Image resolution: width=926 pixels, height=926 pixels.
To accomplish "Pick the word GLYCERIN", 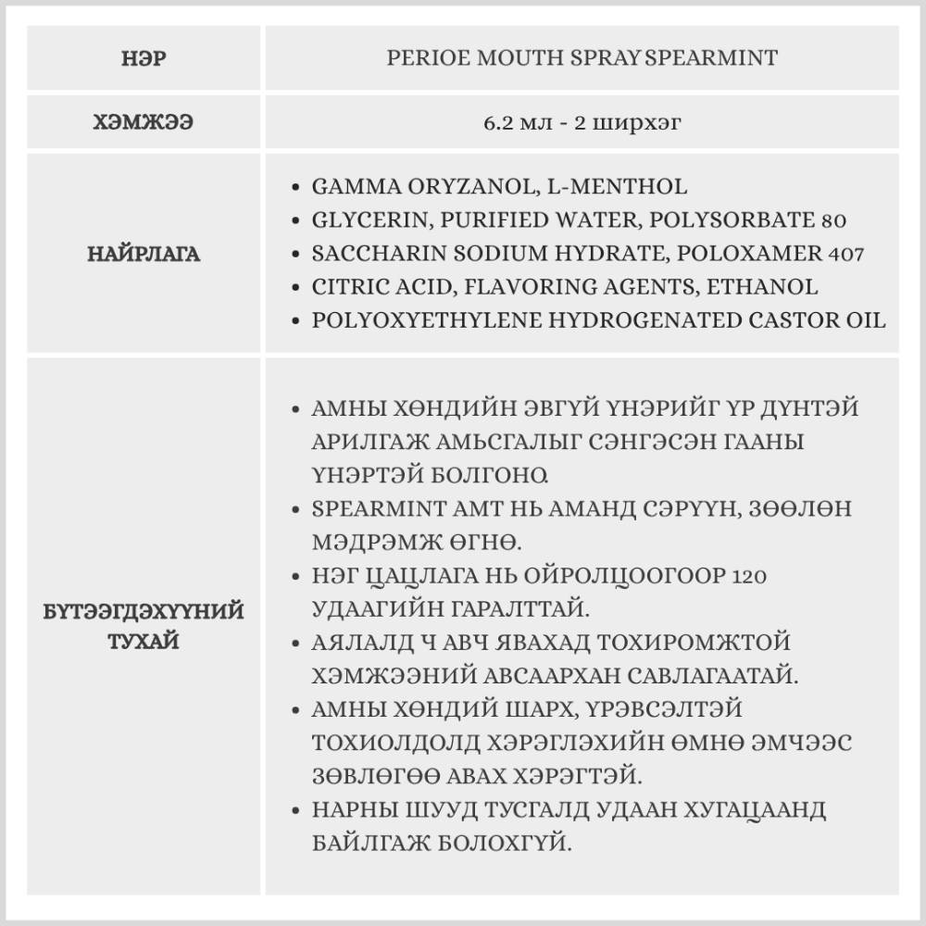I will (x=363, y=220).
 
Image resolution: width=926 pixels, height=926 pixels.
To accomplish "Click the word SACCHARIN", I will (x=371, y=254).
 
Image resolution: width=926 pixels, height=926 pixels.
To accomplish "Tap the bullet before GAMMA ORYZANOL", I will (x=294, y=187).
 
